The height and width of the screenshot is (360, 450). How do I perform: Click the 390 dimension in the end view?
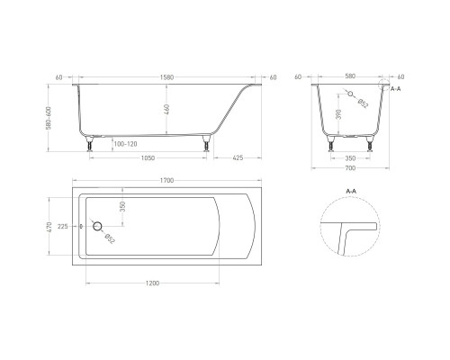pos(338,115)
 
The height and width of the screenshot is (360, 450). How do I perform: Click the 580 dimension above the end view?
pos(351,76)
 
